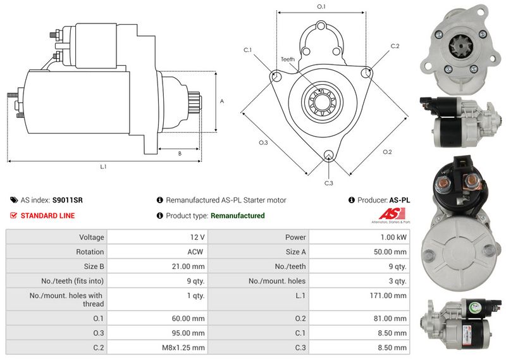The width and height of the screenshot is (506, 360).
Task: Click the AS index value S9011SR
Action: pos(68,200)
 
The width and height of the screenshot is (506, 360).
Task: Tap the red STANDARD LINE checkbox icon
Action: pos(13,215)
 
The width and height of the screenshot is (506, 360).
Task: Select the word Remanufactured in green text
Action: pos(238,216)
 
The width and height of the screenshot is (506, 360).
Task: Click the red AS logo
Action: pos(392,214)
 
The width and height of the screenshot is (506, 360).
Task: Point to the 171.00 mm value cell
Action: pos(388,295)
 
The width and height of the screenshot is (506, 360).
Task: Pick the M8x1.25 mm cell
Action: pos(183,348)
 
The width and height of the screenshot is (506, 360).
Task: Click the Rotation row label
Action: pos(90,252)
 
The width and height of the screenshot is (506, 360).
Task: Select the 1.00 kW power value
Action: pos(393,237)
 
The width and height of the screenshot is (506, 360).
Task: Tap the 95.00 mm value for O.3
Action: pos(188,333)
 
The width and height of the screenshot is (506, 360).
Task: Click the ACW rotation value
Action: pos(195,252)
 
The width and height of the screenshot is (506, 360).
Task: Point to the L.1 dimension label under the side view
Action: pos(103,166)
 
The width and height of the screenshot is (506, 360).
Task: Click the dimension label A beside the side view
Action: pos(222,101)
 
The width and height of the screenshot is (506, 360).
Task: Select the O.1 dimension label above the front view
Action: pos(321,6)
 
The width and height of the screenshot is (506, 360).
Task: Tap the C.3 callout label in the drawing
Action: pos(328,183)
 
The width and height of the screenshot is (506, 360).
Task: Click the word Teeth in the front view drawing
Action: pos(288,59)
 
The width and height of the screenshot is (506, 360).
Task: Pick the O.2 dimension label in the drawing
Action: pos(387,152)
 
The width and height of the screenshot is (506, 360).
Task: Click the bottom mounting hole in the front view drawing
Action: pos(328,155)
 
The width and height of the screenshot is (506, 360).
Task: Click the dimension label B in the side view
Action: pos(180,154)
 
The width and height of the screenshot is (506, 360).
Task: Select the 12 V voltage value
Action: pos(197,237)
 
